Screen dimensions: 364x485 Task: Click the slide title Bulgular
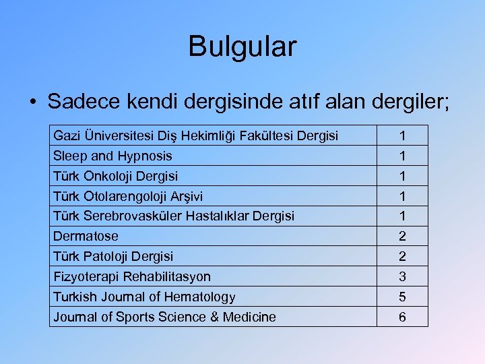(242, 47)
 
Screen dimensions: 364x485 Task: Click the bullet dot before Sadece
(32, 102)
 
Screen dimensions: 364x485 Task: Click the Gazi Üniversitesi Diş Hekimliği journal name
(195, 135)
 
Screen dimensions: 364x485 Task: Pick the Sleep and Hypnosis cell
(112, 156)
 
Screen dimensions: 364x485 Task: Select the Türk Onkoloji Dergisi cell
(116, 176)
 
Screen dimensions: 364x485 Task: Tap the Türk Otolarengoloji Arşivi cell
(128, 196)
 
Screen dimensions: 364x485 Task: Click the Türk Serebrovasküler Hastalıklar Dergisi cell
(174, 216)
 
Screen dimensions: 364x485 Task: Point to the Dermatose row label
(86, 236)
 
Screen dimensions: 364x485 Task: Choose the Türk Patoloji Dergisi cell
(113, 256)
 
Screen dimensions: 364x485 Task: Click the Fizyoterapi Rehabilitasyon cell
(132, 276)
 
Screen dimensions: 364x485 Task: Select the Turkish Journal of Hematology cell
(144, 297)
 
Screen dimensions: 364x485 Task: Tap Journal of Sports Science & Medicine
(164, 317)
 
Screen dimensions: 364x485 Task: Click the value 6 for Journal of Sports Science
(402, 317)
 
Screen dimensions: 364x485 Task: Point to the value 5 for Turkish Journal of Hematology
(402, 297)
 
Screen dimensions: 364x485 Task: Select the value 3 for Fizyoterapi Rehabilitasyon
(402, 276)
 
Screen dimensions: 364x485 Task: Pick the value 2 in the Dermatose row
(402, 236)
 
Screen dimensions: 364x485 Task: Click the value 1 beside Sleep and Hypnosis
(402, 156)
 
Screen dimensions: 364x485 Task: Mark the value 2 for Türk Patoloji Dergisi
(402, 256)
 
